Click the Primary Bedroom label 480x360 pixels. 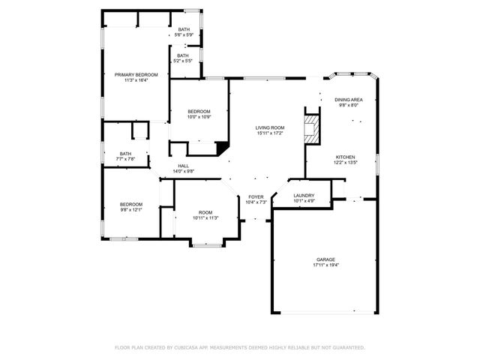tap(136, 74)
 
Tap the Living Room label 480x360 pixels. tap(270, 127)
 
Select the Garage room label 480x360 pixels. tap(325, 259)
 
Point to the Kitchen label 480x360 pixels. tap(344, 157)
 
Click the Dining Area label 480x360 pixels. tap(349, 99)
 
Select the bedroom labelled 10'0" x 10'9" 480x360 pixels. tap(199, 111)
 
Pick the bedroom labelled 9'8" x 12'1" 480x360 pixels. tap(131, 204)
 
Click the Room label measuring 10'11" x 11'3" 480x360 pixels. tap(205, 212)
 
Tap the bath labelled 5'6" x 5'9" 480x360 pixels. tap(184, 29)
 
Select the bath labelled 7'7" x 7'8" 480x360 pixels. tap(125, 154)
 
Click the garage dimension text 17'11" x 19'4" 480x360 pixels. tap(325, 265)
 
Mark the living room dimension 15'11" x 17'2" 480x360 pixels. tap(270, 133)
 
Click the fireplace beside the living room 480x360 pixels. tap(311, 128)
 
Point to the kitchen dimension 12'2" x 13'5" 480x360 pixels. tap(344, 162)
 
